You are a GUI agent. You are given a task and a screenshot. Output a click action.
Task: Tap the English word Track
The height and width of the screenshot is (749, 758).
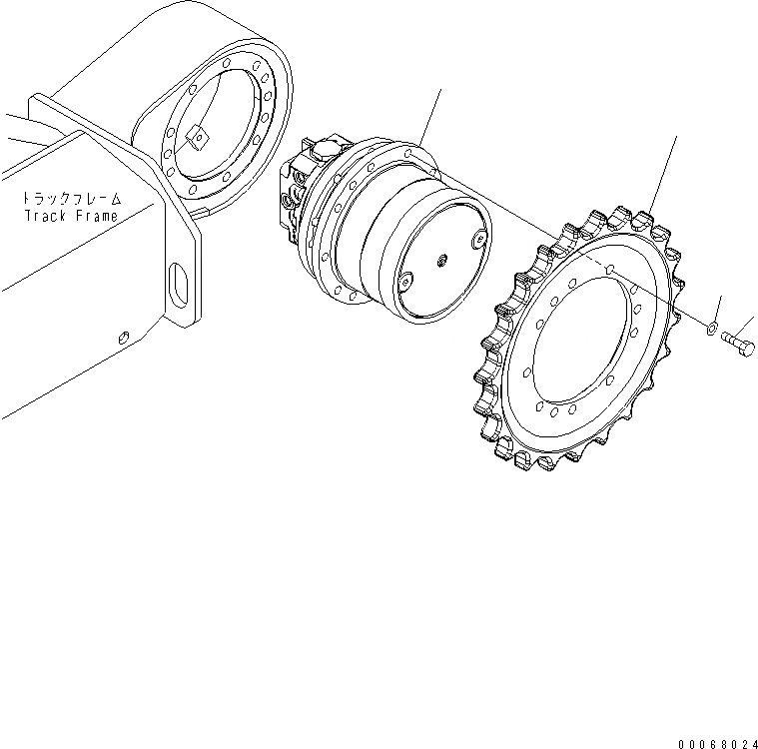click(44, 215)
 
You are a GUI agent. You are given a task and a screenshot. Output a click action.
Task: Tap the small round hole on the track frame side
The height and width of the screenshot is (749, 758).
click(122, 338)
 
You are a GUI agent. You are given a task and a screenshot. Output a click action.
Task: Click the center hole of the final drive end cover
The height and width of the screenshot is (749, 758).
click(440, 262)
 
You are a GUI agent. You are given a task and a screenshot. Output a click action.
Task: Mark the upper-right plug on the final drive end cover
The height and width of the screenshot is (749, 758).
click(478, 240)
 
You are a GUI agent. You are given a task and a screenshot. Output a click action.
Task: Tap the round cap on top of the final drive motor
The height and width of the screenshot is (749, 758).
click(327, 151)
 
